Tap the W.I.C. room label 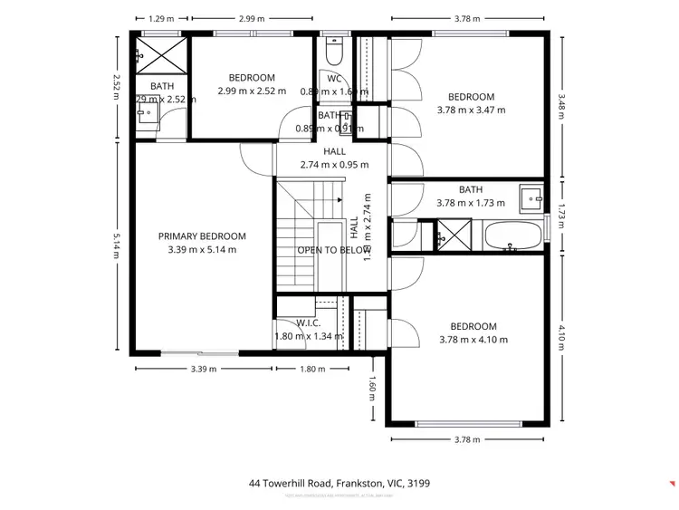tap(309, 322)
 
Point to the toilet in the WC tap(332, 54)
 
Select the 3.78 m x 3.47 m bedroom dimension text tap(472, 110)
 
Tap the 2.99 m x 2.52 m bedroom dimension tap(252, 91)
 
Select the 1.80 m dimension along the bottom tap(311, 369)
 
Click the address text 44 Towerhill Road tap(339, 484)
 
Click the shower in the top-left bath tap(160, 53)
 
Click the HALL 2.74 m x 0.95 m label tap(334, 159)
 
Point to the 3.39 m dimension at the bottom tap(203, 369)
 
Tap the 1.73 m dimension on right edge tap(561, 217)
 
